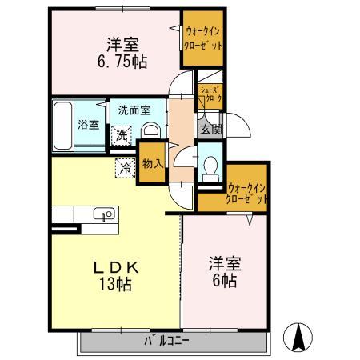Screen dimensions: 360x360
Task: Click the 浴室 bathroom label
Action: [88, 125]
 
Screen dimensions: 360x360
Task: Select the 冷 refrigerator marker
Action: [125, 167]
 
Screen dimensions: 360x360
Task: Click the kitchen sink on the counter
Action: [102, 214]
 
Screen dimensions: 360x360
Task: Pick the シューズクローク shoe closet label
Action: [210, 95]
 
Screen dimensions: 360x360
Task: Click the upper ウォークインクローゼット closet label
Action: [200, 38]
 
